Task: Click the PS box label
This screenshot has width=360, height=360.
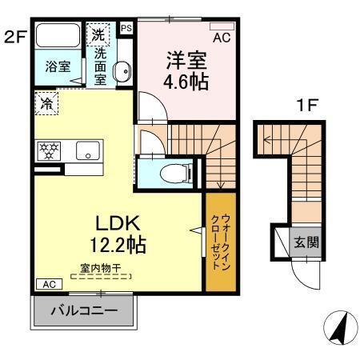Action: click(125, 28)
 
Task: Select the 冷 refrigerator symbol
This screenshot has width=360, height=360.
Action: click(46, 103)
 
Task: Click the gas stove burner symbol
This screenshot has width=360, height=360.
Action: click(46, 150)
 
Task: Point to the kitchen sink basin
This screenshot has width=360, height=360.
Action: click(86, 150)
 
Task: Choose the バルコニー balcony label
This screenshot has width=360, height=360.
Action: click(85, 310)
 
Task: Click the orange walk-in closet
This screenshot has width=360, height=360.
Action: click(220, 242)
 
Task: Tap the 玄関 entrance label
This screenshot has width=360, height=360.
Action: click(306, 243)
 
